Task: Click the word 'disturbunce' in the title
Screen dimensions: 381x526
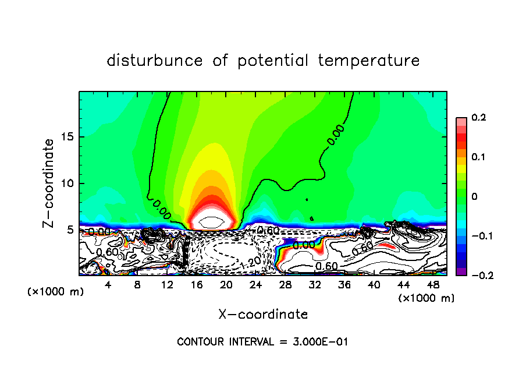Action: click(155, 61)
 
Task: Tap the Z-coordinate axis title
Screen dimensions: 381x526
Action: click(49, 182)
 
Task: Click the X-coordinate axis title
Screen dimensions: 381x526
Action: click(263, 315)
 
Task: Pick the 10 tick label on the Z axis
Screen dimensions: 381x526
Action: click(67, 183)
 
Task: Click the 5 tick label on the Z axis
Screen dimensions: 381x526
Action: click(70, 230)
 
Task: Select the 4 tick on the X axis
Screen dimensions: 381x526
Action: click(108, 284)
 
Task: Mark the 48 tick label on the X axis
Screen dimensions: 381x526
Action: click(433, 284)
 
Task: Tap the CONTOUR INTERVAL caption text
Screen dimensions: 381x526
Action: click(262, 342)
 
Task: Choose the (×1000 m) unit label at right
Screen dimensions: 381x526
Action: click(427, 298)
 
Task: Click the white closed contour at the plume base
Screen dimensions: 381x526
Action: click(209, 221)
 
